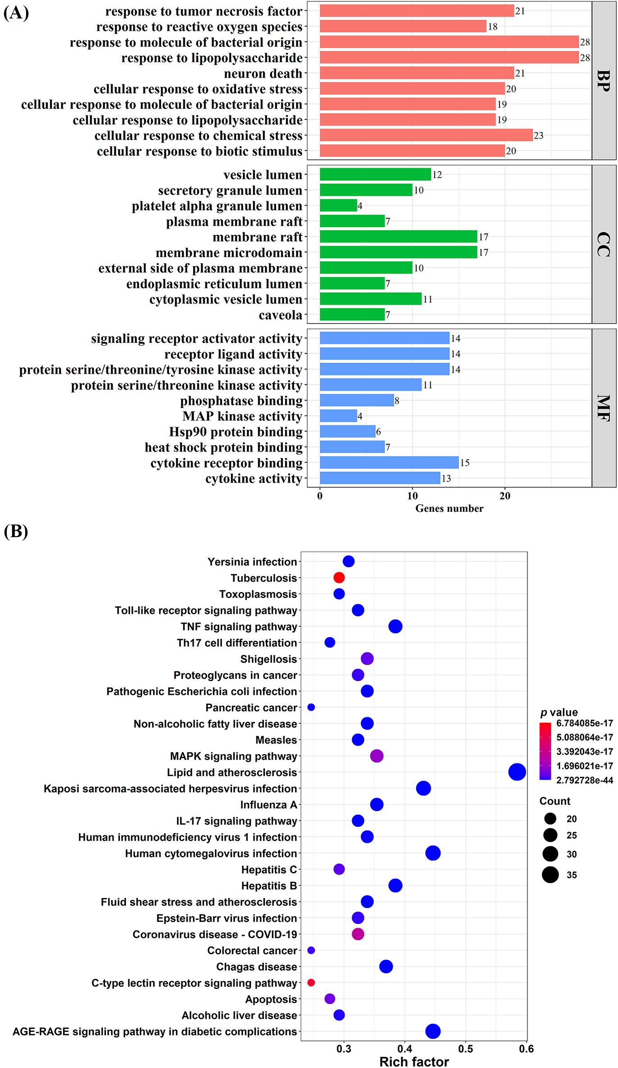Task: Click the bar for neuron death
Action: coord(417,73)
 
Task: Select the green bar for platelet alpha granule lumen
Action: coord(338,205)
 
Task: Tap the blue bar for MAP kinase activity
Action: coord(338,415)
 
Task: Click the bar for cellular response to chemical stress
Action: coord(426,135)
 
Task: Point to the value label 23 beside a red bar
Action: coord(539,135)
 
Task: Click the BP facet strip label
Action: coord(604,81)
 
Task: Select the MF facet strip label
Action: coord(604,408)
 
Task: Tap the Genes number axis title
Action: coord(449,508)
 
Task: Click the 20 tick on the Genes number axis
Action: coord(505,496)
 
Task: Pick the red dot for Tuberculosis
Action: coord(339,577)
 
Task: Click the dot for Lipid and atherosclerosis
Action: coord(517,772)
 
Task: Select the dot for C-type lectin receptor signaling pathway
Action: coord(311,982)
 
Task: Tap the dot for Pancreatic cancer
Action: coord(311,707)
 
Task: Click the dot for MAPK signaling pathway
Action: coord(377,756)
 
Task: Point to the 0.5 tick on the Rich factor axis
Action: coord(466,1049)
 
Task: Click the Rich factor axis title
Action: coord(414,1062)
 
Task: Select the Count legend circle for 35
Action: coord(550,875)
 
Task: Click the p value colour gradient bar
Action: coord(545,751)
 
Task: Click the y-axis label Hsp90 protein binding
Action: coord(236,432)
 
